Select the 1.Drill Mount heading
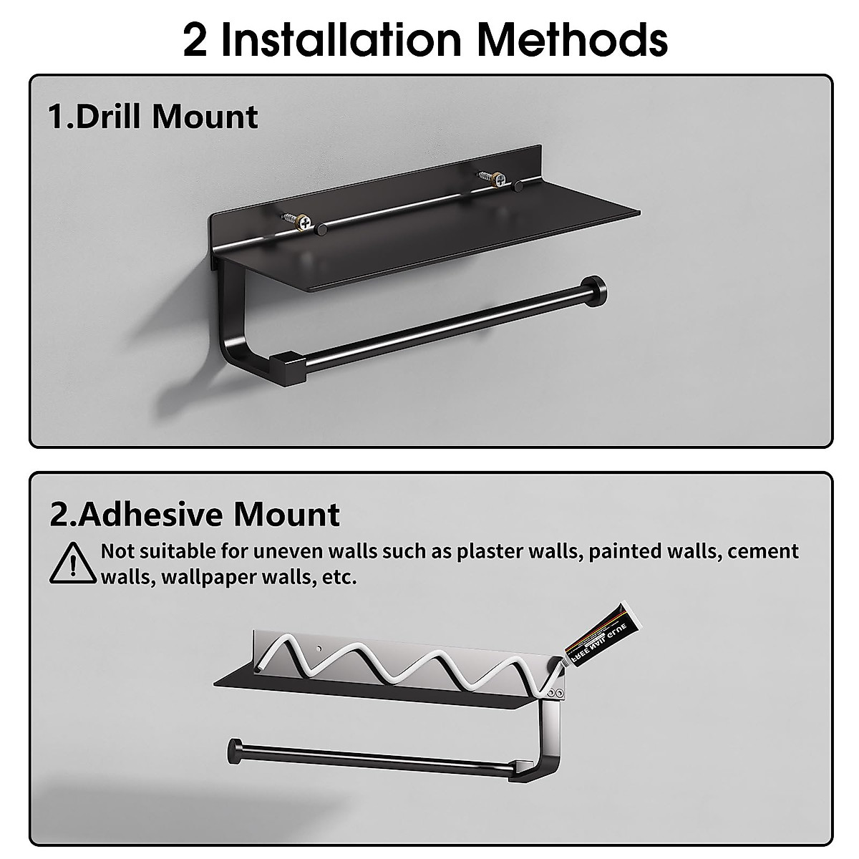point(152,117)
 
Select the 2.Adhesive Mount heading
point(195,514)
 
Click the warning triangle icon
point(72,562)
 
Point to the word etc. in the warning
point(336,577)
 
